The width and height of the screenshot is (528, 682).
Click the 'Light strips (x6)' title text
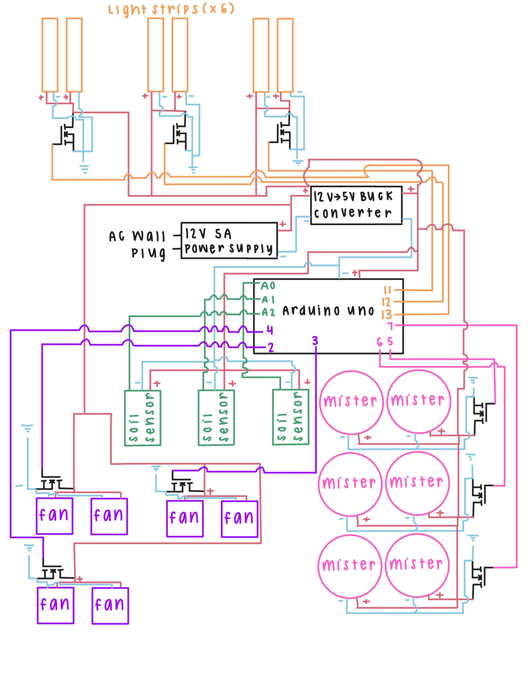171,9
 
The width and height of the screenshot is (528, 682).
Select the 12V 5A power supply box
229,240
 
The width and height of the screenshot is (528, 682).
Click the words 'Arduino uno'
328,310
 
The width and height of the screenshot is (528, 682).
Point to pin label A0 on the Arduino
268,286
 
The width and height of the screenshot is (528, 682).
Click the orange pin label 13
387,315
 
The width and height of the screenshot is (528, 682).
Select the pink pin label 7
390,326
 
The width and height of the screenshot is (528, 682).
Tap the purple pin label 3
315,341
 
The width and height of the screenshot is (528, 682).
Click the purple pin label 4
269,330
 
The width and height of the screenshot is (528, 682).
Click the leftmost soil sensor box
143,418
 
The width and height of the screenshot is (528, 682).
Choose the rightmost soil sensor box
291,417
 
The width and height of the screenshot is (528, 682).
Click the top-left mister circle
351,402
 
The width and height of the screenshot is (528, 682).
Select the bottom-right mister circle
417,565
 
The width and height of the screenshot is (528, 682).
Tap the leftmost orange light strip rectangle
50,55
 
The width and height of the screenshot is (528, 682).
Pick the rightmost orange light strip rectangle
285,55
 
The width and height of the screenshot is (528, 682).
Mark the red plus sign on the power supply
282,224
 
